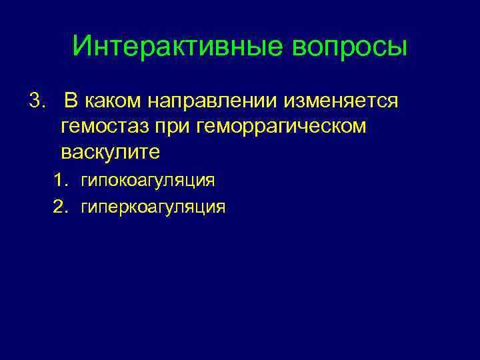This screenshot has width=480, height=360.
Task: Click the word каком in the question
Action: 114,102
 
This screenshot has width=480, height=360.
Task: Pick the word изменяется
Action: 341,102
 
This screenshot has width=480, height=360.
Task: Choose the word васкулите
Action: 110,151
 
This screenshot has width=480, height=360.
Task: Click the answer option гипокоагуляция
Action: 147,181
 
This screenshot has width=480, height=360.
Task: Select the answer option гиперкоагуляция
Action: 153,207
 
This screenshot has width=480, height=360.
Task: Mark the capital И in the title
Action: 82,47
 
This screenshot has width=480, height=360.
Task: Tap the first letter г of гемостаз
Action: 65,128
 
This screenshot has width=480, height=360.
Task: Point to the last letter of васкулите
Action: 154,153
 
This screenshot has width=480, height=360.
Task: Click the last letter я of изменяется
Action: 393,103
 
